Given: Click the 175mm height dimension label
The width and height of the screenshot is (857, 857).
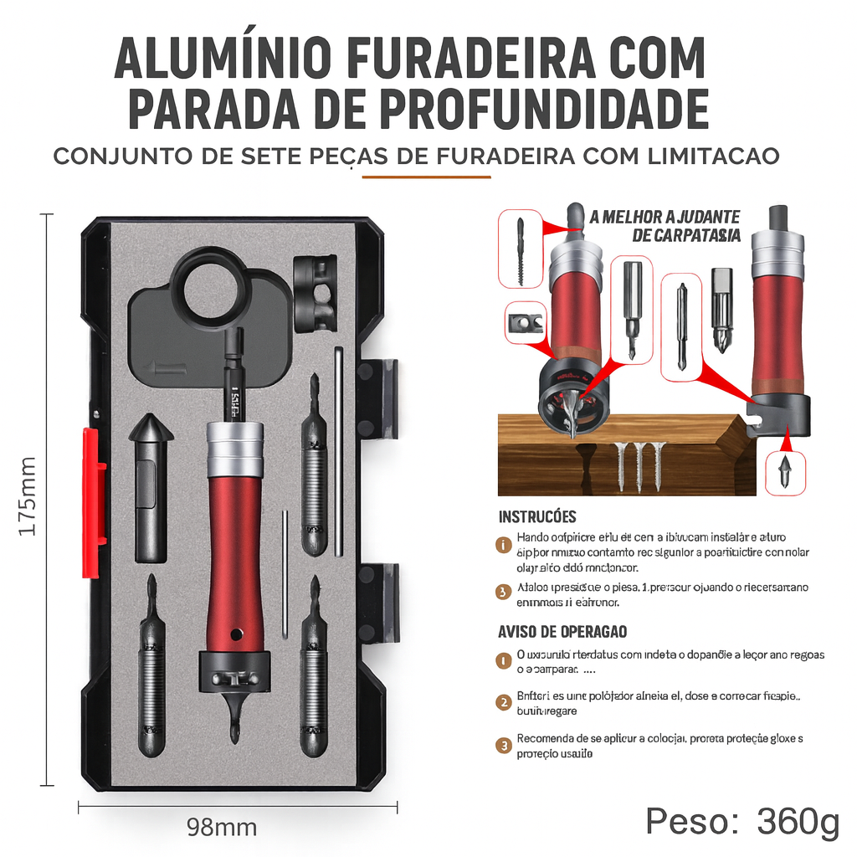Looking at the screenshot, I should pyautogui.click(x=27, y=497).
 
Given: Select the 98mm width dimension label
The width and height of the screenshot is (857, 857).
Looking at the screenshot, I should pyautogui.click(x=222, y=828).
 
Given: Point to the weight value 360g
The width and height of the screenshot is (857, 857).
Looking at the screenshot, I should pyautogui.click(x=798, y=822).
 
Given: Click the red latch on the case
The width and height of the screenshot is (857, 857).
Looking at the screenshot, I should pyautogui.click(x=93, y=502).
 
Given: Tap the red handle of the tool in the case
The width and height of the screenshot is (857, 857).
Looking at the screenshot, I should pyautogui.click(x=235, y=561).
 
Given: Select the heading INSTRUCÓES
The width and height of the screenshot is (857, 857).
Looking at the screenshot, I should pyautogui.click(x=537, y=517).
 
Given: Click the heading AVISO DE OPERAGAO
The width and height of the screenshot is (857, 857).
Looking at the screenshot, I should pyautogui.click(x=562, y=632).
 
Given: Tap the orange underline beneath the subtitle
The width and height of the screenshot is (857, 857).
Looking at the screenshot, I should pyautogui.click(x=426, y=177).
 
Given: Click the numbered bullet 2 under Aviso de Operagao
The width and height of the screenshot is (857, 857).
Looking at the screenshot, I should pyautogui.click(x=504, y=702).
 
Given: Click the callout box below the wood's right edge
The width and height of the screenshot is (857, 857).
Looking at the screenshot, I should pyautogui.click(x=786, y=475).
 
